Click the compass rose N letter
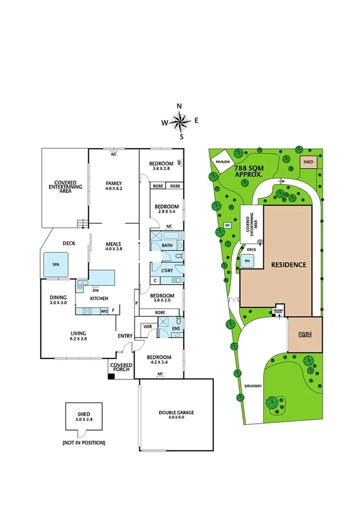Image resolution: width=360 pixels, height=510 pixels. pos(179,106)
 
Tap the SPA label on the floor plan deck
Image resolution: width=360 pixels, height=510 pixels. pos(55,263)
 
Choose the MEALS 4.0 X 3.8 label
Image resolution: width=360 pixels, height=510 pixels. pos(114,246)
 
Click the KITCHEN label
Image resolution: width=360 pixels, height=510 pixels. pos(99,298)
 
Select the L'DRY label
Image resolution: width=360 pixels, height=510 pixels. pos(168,271)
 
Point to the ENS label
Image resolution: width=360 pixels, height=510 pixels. pos(176,329)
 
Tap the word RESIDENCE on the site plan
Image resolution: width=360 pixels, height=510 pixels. pos(288,265)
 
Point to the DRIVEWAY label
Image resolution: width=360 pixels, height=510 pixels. pos(252,386)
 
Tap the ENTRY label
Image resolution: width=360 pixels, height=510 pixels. pos(125,336)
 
